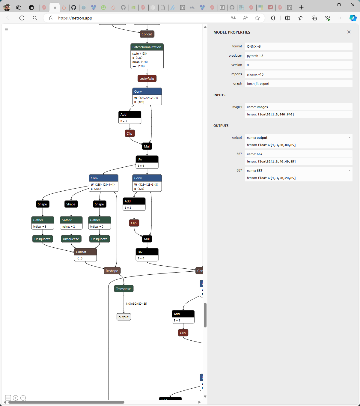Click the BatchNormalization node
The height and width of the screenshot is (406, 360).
147,47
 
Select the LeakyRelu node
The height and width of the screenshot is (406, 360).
147,79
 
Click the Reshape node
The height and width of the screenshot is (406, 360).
112,271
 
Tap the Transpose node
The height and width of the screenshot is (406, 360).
123,289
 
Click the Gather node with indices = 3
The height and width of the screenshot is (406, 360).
43,220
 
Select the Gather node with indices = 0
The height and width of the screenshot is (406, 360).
100,220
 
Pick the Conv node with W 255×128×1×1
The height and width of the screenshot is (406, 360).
103,178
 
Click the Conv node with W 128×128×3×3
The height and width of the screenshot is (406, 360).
147,178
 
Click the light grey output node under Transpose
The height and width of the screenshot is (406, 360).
123,317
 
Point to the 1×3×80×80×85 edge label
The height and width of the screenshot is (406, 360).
136,304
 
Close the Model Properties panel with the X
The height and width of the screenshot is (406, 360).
349,32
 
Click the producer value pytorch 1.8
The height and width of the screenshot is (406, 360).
255,56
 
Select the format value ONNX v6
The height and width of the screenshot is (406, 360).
254,46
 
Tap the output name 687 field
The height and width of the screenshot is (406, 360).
298,171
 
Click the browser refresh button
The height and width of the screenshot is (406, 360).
22,18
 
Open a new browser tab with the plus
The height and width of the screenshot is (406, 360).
301,7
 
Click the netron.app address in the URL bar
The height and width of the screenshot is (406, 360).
75,18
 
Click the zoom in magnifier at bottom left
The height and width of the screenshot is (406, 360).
16,398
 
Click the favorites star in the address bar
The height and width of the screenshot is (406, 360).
257,18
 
